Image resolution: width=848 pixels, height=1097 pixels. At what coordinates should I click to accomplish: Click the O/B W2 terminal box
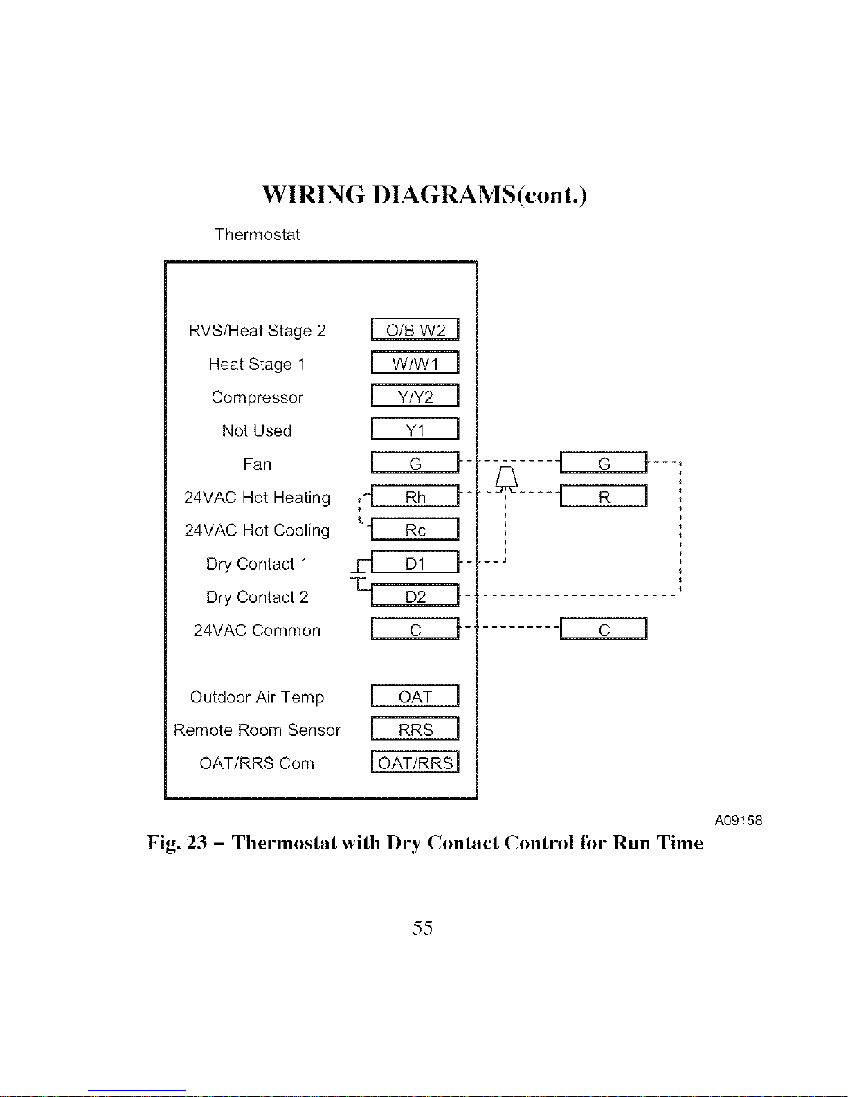(x=415, y=329)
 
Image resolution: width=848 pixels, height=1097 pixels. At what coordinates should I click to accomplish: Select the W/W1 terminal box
(x=415, y=363)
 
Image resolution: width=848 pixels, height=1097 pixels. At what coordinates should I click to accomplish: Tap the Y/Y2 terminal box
(x=415, y=396)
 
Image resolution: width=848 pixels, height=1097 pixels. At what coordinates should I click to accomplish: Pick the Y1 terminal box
(x=415, y=429)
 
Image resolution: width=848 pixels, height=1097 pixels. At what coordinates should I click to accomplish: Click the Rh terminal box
(x=415, y=496)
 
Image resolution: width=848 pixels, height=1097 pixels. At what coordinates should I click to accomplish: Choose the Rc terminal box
(x=415, y=529)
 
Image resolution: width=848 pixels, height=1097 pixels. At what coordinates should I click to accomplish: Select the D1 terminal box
(x=415, y=563)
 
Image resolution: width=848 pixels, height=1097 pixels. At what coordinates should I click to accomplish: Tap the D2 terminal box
(x=415, y=596)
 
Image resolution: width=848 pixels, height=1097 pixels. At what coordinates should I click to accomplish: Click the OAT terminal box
(x=415, y=696)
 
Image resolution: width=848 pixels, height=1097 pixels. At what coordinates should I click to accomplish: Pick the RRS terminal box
(x=415, y=729)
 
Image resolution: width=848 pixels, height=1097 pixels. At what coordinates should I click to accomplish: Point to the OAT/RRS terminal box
(x=415, y=762)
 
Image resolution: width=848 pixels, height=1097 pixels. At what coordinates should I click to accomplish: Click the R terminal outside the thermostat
(x=604, y=496)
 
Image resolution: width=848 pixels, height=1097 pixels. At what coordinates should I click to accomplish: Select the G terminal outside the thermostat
(x=604, y=462)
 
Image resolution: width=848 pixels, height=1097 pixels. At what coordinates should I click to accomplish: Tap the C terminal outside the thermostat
(x=604, y=629)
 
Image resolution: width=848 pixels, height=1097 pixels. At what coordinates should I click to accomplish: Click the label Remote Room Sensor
(x=257, y=730)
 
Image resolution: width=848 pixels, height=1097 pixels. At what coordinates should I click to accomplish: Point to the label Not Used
(x=257, y=430)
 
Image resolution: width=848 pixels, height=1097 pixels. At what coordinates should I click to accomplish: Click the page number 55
(x=422, y=927)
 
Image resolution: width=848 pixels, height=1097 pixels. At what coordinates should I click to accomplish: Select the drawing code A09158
(x=738, y=820)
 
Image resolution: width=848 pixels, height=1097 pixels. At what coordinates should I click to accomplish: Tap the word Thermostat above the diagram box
(x=257, y=235)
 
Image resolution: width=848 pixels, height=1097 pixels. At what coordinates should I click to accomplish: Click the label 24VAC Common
(x=257, y=631)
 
